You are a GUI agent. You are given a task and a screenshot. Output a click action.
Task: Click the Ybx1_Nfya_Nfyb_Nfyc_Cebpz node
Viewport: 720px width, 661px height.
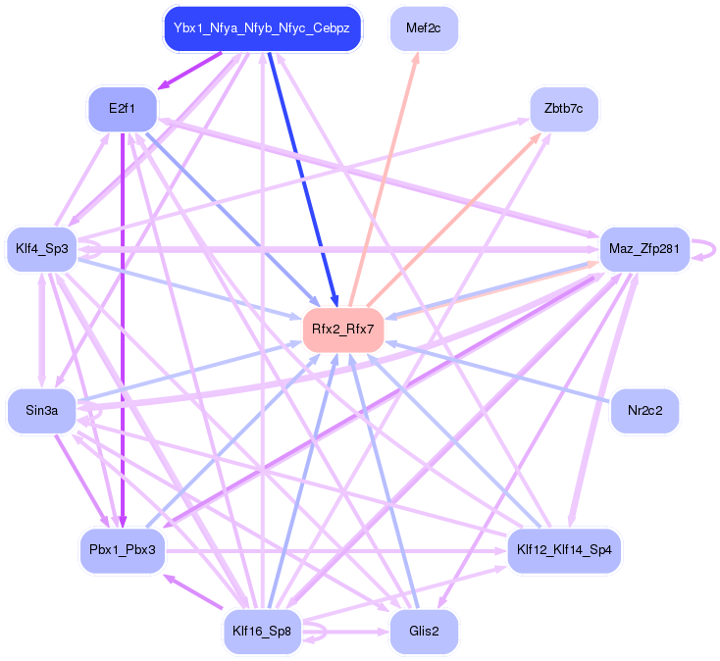262,28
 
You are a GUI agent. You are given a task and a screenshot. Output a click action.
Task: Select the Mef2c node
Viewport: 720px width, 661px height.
423,28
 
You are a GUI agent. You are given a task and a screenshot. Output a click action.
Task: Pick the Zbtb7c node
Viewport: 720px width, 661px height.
563,109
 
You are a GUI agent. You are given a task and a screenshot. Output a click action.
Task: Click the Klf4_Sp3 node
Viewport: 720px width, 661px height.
42,249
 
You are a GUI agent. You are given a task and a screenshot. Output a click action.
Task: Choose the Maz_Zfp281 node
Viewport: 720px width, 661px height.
643,249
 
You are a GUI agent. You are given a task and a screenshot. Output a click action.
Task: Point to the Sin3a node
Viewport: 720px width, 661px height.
42,411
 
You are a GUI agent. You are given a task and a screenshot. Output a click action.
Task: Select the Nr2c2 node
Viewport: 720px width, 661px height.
643,411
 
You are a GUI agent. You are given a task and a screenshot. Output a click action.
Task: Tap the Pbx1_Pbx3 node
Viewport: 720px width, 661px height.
122,549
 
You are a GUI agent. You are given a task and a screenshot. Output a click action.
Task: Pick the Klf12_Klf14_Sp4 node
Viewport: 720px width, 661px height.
563,549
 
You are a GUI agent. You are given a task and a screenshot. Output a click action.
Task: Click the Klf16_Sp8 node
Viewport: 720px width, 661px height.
262,631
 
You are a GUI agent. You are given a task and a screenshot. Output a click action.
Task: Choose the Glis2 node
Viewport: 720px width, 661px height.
423,631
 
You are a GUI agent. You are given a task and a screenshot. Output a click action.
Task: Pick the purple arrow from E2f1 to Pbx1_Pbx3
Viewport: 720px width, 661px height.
123,324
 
